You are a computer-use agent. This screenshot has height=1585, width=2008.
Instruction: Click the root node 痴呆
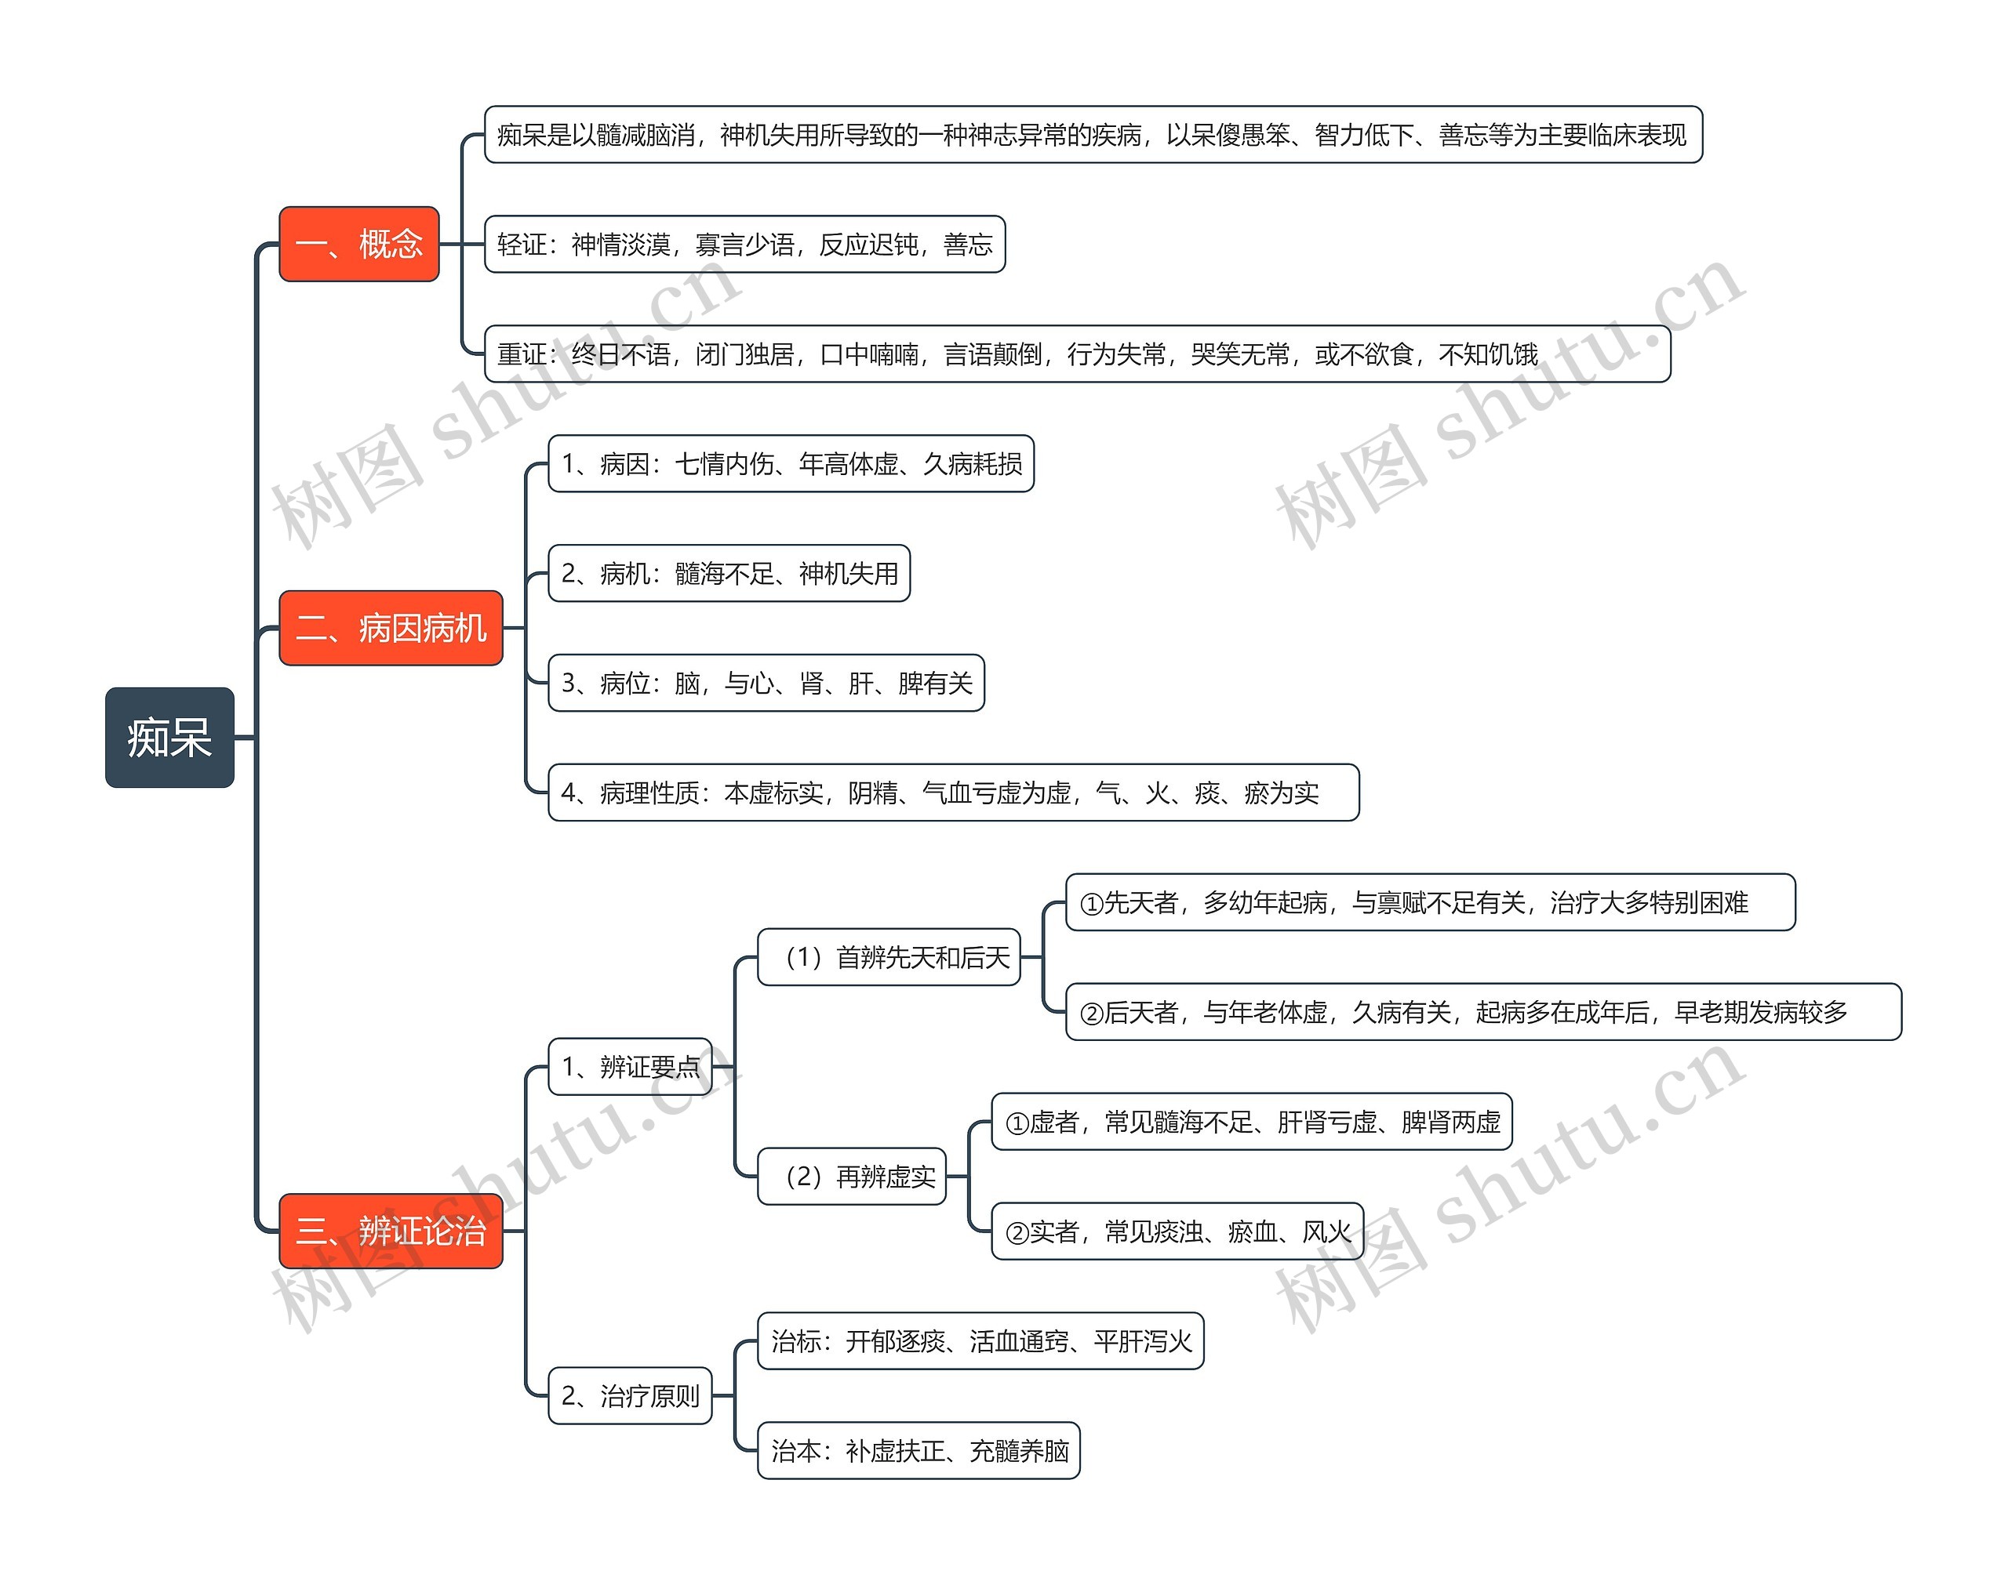click(x=169, y=738)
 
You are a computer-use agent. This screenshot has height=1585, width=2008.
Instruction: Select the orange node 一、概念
click(x=358, y=244)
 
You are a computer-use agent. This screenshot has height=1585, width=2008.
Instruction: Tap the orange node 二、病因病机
click(x=390, y=628)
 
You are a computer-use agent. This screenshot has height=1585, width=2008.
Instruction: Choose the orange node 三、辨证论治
click(x=390, y=1231)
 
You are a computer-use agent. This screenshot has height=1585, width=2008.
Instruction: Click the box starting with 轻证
click(x=744, y=244)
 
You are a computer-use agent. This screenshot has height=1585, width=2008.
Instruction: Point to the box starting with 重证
click(x=1077, y=354)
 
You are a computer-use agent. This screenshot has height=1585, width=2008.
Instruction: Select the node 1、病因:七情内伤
click(x=791, y=463)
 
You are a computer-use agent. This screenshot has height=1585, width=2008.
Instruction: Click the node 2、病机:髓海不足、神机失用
click(x=729, y=574)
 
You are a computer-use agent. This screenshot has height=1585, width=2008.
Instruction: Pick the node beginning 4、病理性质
click(x=953, y=792)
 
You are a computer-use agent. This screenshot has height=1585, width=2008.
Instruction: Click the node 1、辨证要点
click(x=631, y=1066)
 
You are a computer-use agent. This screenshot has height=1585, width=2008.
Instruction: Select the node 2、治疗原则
click(x=631, y=1395)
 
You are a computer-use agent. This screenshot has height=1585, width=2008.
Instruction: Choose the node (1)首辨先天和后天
click(x=889, y=957)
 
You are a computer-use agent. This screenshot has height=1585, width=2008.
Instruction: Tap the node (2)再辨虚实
click(x=851, y=1177)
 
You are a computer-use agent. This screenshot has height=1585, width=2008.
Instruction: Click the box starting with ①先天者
click(x=1430, y=902)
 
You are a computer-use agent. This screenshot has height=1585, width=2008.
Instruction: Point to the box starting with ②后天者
click(x=1482, y=1011)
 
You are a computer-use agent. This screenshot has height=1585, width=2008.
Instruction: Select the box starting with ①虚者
click(x=1251, y=1122)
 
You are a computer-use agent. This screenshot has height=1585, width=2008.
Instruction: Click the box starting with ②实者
click(x=1177, y=1231)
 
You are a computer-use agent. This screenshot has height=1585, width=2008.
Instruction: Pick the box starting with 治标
click(x=980, y=1341)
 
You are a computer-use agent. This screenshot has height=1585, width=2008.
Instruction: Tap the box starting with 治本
click(x=919, y=1450)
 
